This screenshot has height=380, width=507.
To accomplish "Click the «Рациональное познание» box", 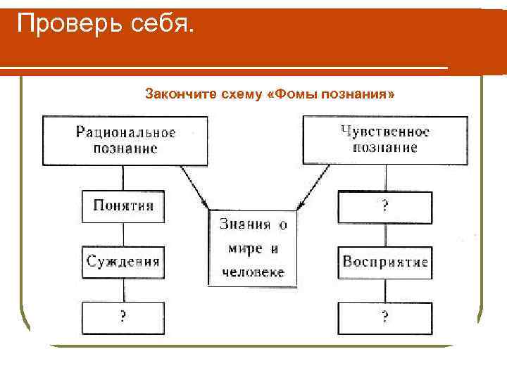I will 125,140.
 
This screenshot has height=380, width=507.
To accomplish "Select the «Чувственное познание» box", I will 385,139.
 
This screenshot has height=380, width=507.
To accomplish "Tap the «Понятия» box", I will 123,206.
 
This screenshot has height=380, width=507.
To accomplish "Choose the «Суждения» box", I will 123,262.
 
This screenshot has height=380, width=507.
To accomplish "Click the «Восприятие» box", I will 385,262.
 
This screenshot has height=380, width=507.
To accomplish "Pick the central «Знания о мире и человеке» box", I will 252,248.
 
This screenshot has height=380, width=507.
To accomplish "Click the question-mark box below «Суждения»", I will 123,317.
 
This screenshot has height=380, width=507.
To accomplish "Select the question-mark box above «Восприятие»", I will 385,207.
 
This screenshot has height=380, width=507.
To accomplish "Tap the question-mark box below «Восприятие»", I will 385,318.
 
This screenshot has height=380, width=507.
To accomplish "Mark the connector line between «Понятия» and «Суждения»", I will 123,234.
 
